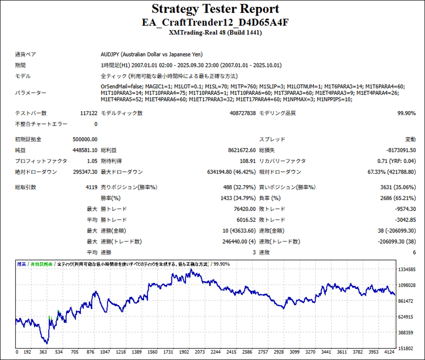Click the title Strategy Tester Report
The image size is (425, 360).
(215, 9)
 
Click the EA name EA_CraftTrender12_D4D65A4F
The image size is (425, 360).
(215, 22)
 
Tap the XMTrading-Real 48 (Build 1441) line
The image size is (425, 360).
(215, 33)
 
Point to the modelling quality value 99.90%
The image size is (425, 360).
(406, 113)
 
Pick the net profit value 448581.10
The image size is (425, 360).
(85, 150)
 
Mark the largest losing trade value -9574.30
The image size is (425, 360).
(402, 209)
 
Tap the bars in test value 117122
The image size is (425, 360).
(89, 113)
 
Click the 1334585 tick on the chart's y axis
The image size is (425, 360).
(407, 270)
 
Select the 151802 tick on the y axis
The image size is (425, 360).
(407, 348)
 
